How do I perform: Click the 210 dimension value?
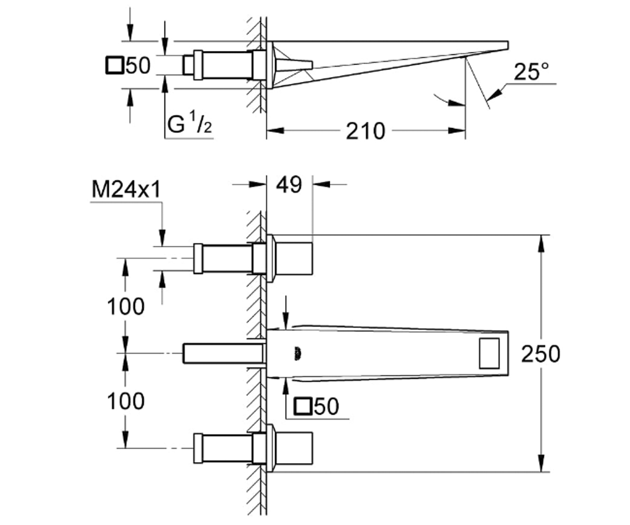365,131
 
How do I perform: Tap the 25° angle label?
531,72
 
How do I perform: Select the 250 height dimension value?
540,354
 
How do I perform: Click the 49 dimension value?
289,185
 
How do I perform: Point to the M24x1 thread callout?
126,190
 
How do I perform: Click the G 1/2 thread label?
190,123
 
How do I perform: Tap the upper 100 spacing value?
126,306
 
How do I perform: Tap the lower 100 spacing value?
126,401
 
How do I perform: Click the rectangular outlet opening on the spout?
489,353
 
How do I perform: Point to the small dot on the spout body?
298,354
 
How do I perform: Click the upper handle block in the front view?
293,258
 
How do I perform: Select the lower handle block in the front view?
293,448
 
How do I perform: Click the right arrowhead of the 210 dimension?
457,131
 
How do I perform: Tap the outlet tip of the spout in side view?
507,45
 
